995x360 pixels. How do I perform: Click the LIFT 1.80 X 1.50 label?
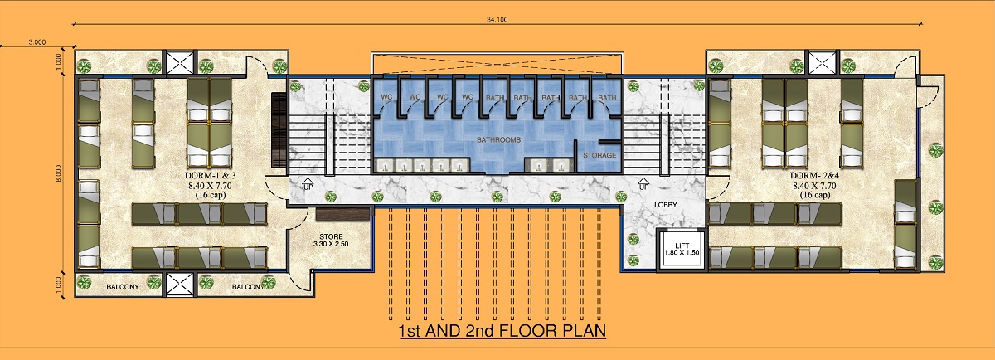click(682, 249)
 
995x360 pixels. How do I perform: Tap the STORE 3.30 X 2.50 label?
click(331, 241)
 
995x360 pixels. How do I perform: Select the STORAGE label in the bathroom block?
click(599, 155)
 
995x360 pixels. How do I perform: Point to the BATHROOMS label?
click(498, 139)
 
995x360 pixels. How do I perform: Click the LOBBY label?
click(665, 205)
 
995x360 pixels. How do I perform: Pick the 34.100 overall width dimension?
click(497, 19)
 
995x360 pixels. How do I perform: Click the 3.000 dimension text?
click(36, 42)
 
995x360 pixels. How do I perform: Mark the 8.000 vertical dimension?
click(59, 173)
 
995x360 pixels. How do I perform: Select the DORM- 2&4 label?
click(814, 176)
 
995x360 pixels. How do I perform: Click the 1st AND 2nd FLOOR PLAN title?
click(502, 331)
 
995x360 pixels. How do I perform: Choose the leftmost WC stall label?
click(386, 97)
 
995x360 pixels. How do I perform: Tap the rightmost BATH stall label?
click(607, 97)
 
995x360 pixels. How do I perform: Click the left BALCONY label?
click(123, 287)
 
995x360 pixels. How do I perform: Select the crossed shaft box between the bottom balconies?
click(180, 285)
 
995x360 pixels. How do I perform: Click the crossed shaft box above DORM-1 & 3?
click(180, 62)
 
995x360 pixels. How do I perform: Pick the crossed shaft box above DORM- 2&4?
click(822, 62)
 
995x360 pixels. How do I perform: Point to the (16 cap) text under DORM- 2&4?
click(814, 195)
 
